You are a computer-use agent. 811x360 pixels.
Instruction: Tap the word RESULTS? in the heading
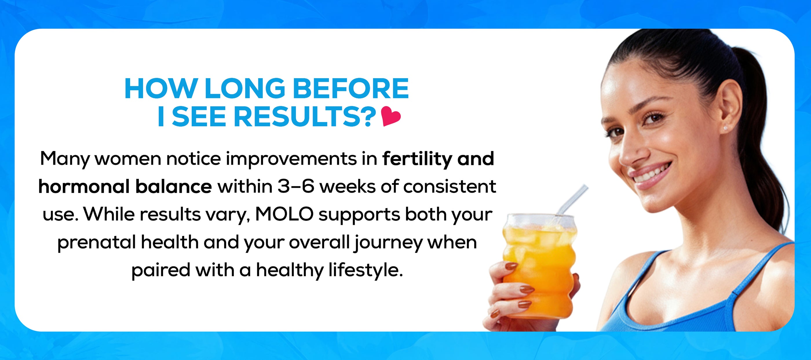pos(305,116)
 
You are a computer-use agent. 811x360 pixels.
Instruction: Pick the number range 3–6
pos(296,186)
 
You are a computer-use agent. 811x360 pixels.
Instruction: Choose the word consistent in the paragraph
pos(450,186)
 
